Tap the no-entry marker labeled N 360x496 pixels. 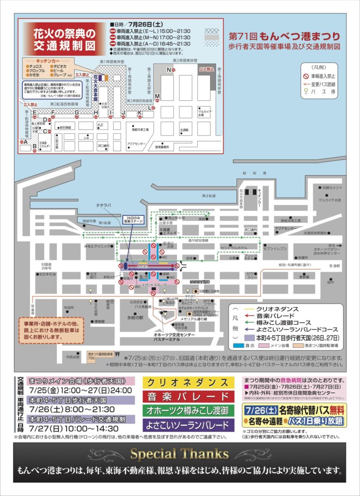pyautogui.click(x=169, y=70)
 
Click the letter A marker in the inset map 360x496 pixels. pyautogui.click(x=24, y=142)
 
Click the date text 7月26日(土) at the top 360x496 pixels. pyautogui.click(x=144, y=24)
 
